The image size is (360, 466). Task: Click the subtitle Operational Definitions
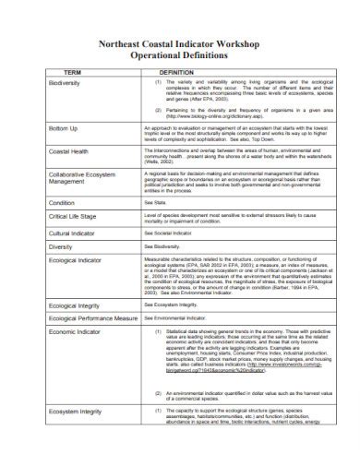[x=180, y=54]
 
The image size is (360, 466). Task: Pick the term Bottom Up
[x=63, y=128]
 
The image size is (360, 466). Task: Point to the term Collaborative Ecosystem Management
[x=83, y=181]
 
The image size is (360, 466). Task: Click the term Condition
[x=62, y=201]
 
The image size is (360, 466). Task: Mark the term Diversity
[x=61, y=247]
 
